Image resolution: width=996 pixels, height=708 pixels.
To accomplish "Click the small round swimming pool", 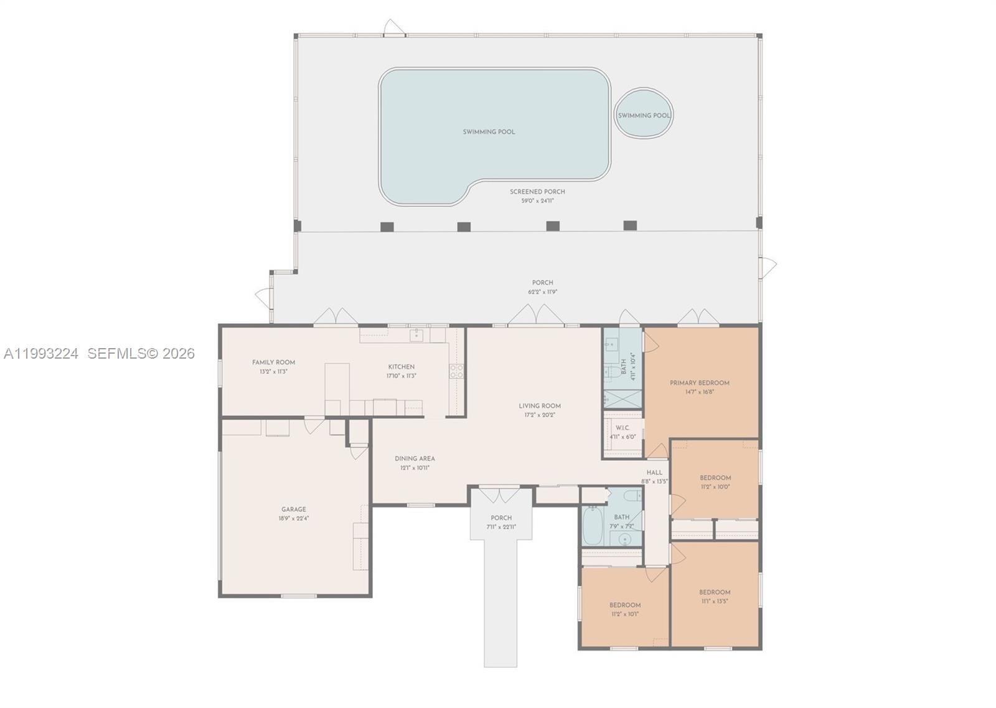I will coord(644,115).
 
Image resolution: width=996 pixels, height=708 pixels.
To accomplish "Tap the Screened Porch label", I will coord(537,192).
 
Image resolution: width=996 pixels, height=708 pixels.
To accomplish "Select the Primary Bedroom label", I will coord(699,383).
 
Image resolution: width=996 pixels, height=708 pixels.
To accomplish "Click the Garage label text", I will coord(293,509).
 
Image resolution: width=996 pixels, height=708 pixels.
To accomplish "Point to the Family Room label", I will coord(273,362).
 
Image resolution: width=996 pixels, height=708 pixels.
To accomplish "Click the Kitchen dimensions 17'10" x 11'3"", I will coord(401,375).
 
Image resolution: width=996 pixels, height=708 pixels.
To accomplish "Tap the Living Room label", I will coord(540,406).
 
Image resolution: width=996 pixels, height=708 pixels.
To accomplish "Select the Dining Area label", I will coord(415,459).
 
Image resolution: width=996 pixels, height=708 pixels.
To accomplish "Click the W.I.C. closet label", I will coord(622,428).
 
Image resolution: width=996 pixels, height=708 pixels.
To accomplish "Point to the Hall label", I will coord(654,473).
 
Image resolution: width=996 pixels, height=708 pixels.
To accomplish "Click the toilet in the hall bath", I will coord(632,496).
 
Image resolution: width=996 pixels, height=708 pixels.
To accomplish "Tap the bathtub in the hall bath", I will coord(591,526).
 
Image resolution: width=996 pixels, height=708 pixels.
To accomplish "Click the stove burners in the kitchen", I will coord(456,372).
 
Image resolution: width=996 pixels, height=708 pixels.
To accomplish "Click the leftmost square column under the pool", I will coord(387,226).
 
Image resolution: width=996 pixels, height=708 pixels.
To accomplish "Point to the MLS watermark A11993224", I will coord(41,354).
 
